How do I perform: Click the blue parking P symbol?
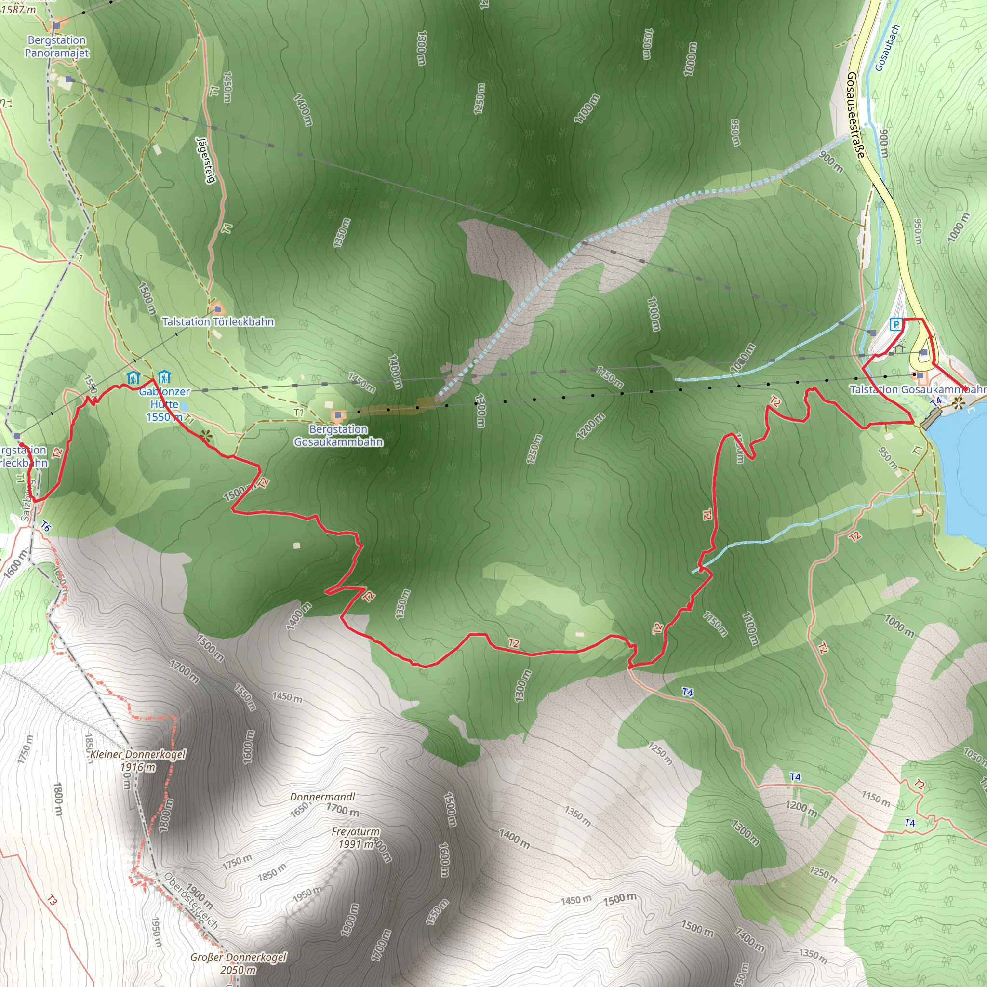pyautogui.click(x=895, y=324)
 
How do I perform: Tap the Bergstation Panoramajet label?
pyautogui.click(x=57, y=46)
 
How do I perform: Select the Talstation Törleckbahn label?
pyautogui.click(x=218, y=322)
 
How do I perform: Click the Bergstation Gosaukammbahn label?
pyautogui.click(x=338, y=436)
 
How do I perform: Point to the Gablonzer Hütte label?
pyautogui.click(x=164, y=404)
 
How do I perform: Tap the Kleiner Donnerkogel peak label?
pyautogui.click(x=138, y=760)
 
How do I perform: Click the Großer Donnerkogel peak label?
pyautogui.click(x=238, y=963)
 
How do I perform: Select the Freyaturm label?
pyautogui.click(x=356, y=838)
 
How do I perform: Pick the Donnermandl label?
pyautogui.click(x=322, y=797)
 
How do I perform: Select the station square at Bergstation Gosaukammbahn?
pyautogui.click(x=338, y=415)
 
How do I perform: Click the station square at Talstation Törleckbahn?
pyautogui.click(x=218, y=309)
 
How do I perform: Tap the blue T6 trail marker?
pyautogui.click(x=46, y=526)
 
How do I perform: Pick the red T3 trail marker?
pyautogui.click(x=52, y=900)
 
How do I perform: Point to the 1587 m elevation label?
pyautogui.click(x=18, y=9)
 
